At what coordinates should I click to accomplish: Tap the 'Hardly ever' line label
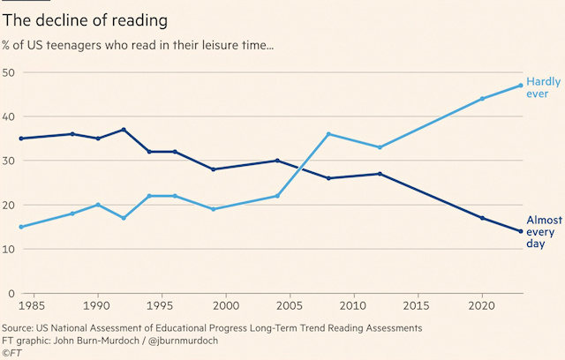click(544, 87)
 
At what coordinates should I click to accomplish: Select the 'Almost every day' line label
click(544, 231)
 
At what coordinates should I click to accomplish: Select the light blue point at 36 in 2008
click(328, 134)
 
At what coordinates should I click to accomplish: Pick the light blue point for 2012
click(380, 147)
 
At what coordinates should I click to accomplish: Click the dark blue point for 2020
click(482, 218)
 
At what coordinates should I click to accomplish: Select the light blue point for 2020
click(482, 99)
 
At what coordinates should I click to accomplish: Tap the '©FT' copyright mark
click(12, 353)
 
